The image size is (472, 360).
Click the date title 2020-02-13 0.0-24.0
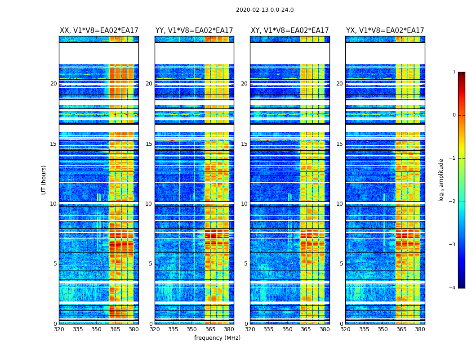(265, 10)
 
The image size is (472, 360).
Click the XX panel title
(99, 31)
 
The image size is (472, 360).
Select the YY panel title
(194, 31)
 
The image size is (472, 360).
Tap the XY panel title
(290, 31)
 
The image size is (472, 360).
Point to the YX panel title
(385, 31)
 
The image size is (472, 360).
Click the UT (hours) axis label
(44, 180)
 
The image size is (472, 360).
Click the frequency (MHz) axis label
(217, 338)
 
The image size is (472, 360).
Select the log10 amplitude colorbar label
(441, 180)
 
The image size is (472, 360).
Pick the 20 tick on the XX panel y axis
(53, 84)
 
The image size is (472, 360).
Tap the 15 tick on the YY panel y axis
(149, 144)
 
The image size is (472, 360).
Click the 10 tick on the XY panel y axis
(244, 204)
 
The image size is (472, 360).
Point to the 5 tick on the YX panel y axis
(342, 264)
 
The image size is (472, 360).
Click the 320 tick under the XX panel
(59, 329)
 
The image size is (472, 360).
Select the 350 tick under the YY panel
(192, 329)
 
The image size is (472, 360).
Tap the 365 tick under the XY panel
(306, 329)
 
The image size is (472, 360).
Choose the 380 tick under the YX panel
(420, 329)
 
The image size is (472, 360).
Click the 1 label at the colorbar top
(454, 72)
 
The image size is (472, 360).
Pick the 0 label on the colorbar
(454, 115)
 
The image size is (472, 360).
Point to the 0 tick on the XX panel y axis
(55, 324)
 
